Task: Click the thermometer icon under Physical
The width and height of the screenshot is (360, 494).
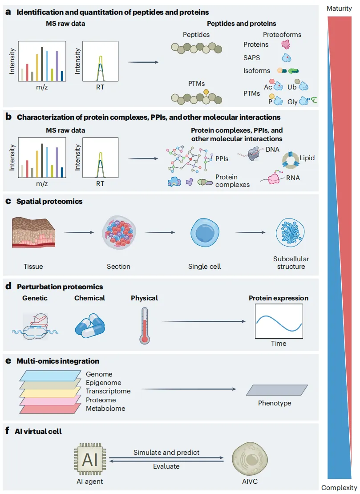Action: tap(145, 326)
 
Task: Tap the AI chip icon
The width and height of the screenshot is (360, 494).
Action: tap(90, 459)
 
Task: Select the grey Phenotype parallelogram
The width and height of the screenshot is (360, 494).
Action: tap(277, 390)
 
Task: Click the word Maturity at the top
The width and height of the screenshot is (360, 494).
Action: tap(339, 8)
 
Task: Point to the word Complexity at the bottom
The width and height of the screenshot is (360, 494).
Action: tap(339, 488)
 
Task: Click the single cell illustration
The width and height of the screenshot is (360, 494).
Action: tap(204, 233)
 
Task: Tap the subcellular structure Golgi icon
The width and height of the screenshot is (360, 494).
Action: tap(291, 232)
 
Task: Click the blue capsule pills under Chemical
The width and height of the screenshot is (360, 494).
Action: tap(90, 326)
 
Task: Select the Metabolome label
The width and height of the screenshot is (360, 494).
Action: tap(105, 409)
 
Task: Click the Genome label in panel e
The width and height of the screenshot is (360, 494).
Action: tap(99, 374)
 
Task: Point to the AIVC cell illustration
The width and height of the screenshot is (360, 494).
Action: tap(250, 459)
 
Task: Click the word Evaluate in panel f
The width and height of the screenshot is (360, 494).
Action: tap(166, 466)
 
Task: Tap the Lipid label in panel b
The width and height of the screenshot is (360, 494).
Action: tap(307, 158)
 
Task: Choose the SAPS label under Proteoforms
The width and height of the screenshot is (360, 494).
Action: tap(252, 58)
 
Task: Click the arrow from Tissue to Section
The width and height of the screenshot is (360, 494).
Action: tap(79, 232)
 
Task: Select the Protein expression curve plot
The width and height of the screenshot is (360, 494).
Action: tap(279, 321)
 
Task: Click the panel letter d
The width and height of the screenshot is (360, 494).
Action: tap(8, 286)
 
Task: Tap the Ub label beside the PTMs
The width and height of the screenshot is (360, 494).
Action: tap(291, 87)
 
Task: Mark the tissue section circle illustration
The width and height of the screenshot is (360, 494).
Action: tap(119, 233)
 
